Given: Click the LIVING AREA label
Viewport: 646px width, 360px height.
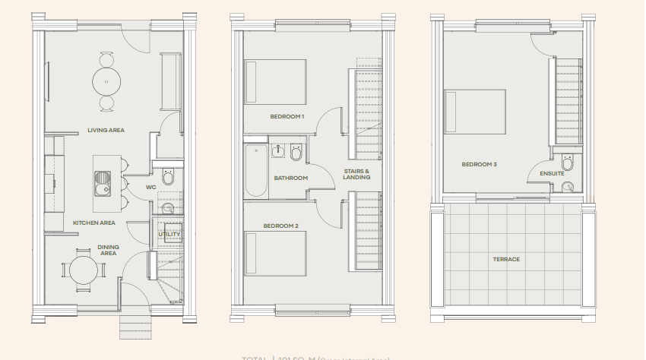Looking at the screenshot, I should [106, 130].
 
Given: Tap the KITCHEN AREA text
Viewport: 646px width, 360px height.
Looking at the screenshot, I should [93, 223].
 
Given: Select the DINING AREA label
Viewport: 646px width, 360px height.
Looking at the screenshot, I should [108, 250].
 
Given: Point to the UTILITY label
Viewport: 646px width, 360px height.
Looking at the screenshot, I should [169, 235].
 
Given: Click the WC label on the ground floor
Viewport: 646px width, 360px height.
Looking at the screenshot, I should [150, 187].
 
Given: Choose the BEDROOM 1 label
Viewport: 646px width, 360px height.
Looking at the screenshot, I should [287, 116].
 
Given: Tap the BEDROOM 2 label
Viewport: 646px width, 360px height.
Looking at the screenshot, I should [280, 226].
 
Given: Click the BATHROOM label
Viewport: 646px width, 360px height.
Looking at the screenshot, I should [290, 178].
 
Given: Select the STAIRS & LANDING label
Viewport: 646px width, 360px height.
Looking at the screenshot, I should [356, 174].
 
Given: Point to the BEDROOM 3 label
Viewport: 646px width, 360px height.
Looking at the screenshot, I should [479, 164].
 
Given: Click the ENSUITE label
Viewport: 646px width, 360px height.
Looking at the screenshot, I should [553, 173].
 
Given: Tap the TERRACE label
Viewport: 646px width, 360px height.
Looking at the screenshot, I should [506, 259].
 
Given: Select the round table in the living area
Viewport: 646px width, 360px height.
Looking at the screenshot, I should [106, 80].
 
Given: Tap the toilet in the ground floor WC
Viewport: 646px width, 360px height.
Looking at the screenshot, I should [169, 178].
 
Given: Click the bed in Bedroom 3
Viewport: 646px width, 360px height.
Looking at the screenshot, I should [476, 112].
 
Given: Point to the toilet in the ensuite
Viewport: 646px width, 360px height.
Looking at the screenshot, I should [567, 164].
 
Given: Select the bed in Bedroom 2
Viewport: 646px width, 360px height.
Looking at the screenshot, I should [274, 254].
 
